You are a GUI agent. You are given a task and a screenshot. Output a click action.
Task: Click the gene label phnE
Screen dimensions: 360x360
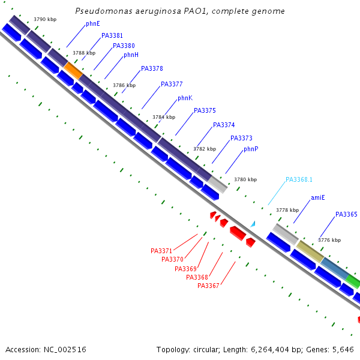pos(92,24)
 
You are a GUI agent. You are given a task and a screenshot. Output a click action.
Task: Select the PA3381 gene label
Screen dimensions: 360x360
pos(112,36)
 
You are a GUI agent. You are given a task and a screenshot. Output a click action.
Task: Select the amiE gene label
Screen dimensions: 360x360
pos(317,198)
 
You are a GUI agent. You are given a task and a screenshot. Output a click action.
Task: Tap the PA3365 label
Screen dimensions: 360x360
pos(346,215)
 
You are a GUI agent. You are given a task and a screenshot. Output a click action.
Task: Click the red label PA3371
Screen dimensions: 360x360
pos(161,251)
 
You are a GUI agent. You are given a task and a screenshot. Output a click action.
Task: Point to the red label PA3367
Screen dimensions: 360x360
pos(208,286)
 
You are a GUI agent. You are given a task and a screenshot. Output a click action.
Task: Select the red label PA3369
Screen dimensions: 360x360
pos(185,269)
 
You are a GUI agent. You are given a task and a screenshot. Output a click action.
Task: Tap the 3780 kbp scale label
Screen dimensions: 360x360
pos(245,179)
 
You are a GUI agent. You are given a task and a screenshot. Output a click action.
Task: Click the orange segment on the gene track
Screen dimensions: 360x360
pos(73,70)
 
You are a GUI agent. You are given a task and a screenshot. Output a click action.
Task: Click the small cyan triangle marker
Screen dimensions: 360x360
pos(253,224)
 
